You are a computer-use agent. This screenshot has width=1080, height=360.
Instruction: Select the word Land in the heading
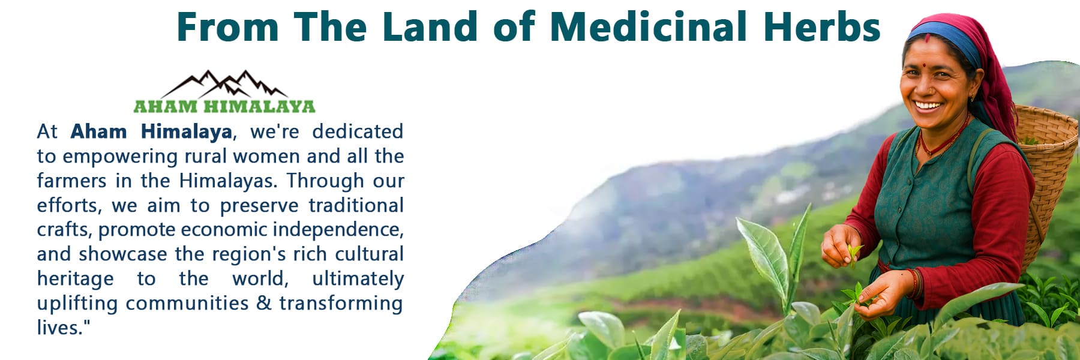[430, 26]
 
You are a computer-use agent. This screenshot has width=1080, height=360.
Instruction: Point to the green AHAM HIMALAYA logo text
[224, 107]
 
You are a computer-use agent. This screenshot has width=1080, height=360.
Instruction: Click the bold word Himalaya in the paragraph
[187, 132]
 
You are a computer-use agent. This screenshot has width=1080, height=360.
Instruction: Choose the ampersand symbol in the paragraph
[264, 303]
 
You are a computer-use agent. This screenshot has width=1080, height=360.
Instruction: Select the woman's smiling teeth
[928, 106]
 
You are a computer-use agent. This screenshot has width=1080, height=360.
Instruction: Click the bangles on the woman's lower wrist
[915, 283]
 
